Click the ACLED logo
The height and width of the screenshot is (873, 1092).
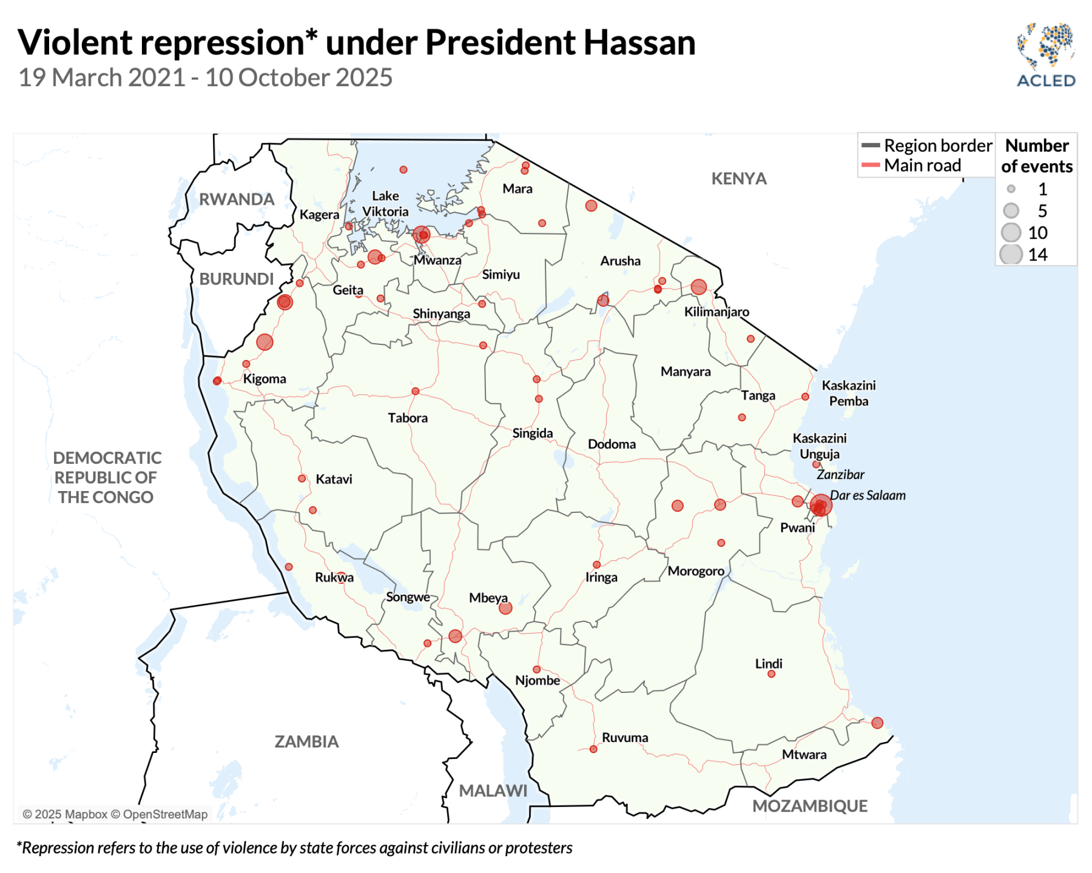[x=1045, y=56]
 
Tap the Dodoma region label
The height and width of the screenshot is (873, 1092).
[x=612, y=444]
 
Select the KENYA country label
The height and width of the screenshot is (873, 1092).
[x=738, y=179]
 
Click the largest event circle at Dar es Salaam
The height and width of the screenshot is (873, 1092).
[x=820, y=505]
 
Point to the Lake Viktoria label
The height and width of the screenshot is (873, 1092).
[x=385, y=204]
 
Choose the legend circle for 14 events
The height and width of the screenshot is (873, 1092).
[x=1011, y=255]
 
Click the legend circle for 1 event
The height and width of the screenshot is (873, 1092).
[x=1011, y=189]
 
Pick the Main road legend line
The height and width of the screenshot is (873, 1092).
[x=871, y=166]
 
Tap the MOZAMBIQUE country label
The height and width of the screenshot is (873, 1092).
[x=809, y=806]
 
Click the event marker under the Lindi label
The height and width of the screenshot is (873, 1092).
[x=771, y=674]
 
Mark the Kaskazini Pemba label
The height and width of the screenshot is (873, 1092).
[x=848, y=393]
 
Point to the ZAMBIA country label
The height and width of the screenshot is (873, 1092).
[x=306, y=741]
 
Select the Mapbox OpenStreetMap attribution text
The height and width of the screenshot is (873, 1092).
[x=115, y=814]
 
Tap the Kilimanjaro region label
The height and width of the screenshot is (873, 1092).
[x=716, y=312]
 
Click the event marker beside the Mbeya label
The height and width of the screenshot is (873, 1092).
[x=505, y=608]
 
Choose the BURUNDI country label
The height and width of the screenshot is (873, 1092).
[x=237, y=279]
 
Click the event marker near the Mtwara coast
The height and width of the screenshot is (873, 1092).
[x=877, y=723]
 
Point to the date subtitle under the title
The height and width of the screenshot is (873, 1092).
[x=206, y=78]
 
